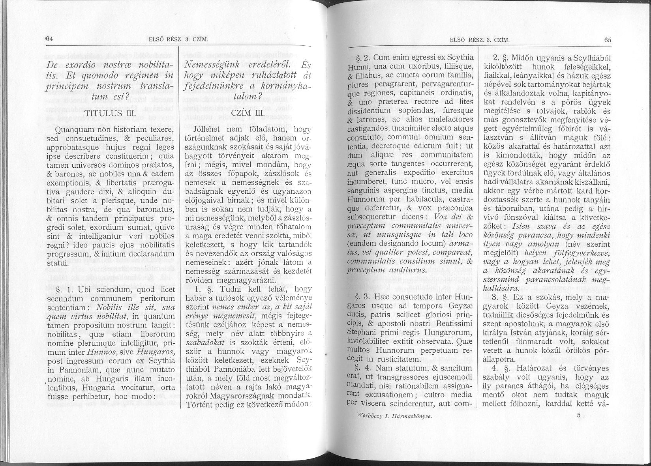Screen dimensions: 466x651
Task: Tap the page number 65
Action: pyautogui.click(x=607, y=39)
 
